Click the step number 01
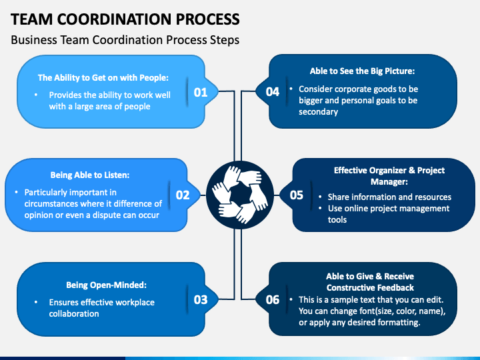click(x=201, y=92)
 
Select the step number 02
click(x=183, y=195)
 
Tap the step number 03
click(x=201, y=299)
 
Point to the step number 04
click(x=273, y=92)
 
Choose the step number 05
click(x=297, y=195)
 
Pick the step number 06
click(x=273, y=299)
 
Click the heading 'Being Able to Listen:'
click(x=90, y=175)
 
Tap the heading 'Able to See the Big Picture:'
click(x=363, y=71)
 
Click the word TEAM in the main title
click(x=33, y=19)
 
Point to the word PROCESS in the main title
click(x=201, y=19)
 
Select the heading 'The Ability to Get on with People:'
click(x=103, y=77)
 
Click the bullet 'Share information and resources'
click(x=389, y=197)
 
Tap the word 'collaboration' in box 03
click(x=74, y=313)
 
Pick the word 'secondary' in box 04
click(x=318, y=111)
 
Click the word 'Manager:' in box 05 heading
click(x=389, y=181)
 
